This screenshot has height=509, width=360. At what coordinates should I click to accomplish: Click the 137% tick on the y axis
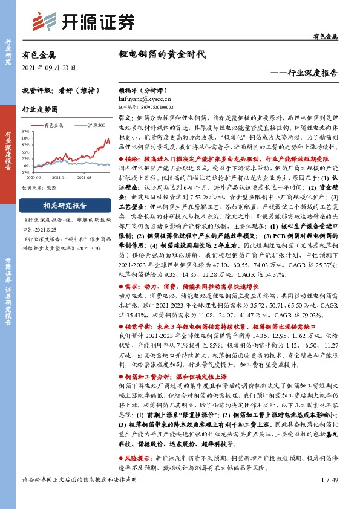(25, 131)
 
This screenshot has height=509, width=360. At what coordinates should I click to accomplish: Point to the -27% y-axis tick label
(25, 172)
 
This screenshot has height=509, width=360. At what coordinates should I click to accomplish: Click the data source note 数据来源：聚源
(38, 188)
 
